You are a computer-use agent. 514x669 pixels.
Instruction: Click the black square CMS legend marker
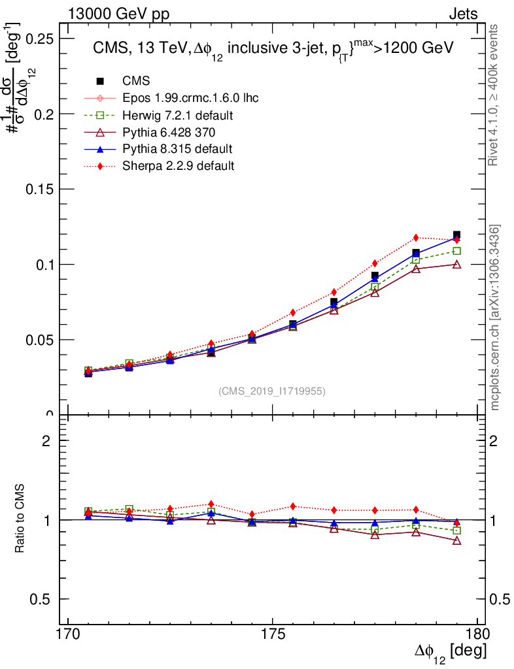[100, 81]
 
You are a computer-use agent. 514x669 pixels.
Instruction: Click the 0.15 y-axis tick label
[40, 189]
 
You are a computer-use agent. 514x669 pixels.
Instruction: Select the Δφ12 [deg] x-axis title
[450, 653]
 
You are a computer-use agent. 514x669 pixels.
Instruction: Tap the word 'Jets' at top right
[462, 14]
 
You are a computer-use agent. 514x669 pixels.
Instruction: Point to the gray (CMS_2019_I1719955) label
[272, 391]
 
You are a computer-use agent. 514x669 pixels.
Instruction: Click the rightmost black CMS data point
[456, 235]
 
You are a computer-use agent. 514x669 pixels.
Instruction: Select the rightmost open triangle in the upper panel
[456, 264]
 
